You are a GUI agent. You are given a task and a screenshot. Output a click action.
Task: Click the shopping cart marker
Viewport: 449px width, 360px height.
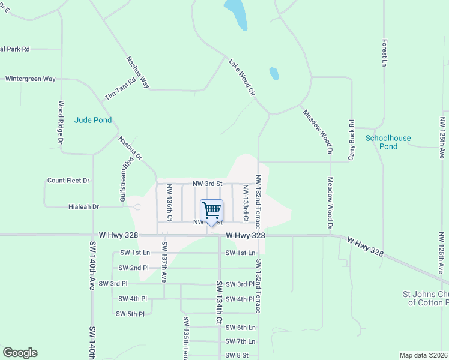click(211, 211)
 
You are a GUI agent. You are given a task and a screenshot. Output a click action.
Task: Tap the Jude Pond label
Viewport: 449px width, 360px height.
click(93, 120)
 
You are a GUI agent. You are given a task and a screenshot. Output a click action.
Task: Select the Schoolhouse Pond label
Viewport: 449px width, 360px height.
click(388, 142)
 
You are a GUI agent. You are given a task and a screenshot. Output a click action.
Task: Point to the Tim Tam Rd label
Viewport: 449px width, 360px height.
click(120, 88)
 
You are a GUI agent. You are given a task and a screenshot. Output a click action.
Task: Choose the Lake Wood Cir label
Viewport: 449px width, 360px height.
click(242, 77)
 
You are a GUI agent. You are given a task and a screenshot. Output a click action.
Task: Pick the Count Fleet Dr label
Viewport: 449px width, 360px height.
click(68, 180)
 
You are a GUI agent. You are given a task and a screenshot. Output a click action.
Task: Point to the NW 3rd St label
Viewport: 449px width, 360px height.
click(207, 183)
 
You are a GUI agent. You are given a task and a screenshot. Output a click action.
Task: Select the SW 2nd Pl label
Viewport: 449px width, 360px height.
click(133, 268)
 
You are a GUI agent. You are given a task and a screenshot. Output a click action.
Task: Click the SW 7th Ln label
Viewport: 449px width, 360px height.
click(240, 341)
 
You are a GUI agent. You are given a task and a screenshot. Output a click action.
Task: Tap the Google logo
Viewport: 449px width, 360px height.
click(20, 353)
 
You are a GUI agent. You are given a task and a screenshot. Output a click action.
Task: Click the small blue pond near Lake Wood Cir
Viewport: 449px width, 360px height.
click(274, 73)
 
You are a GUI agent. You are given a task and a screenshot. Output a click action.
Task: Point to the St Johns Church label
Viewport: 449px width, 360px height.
click(425, 298)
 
